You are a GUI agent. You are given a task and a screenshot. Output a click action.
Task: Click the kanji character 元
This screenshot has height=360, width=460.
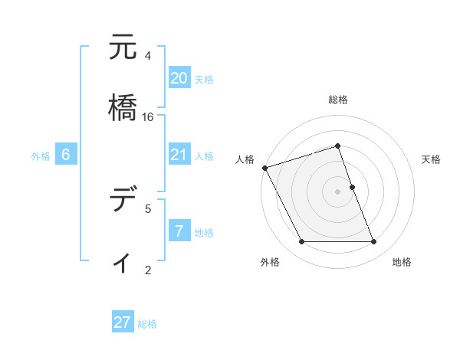pos(123,48)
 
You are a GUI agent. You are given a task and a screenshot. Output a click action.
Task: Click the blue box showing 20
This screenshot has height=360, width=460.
pos(179,77)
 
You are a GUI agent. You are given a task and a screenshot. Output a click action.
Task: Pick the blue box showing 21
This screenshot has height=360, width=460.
pos(179,155)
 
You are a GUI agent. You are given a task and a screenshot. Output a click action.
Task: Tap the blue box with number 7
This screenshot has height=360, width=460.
pos(179,231)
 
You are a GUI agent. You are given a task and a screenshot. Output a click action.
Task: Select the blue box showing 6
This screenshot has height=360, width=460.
pos(66,155)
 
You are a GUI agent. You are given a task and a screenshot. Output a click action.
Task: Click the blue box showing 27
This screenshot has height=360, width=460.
pos(123,322)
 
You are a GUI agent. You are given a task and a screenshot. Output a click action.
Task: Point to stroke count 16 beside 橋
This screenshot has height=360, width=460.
pos(148,117)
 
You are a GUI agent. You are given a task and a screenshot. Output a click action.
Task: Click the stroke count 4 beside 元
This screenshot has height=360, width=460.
pos(148,56)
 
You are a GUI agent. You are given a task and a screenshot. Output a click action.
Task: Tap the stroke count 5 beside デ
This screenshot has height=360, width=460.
pos(148,208)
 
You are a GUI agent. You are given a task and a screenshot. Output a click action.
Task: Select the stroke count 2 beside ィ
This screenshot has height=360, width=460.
pos(148,270)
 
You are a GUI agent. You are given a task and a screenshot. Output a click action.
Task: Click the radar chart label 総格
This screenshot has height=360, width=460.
pos(337,100)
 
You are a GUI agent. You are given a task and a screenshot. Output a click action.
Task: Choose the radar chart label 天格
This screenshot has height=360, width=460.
pos(431,159)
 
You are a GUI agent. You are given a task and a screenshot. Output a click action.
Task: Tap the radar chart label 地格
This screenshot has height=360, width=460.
pos(402,262)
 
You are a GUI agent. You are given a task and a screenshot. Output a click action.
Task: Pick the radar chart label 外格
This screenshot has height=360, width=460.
pos(270,262)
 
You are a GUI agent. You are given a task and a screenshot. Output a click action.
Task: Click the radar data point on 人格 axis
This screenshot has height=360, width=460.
pos(264,168)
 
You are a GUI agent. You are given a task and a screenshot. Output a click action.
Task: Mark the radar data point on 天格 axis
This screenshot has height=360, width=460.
pos(352,187)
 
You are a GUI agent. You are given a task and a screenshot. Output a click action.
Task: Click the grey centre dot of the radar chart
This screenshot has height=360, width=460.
pos(337,191)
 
